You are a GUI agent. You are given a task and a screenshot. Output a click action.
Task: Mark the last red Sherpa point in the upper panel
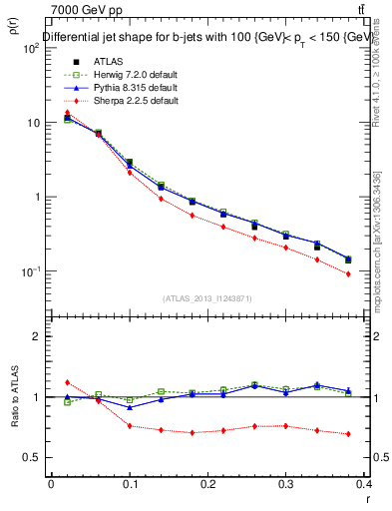(x=376, y=273)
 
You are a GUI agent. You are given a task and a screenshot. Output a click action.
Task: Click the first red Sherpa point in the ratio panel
(x=67, y=382)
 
